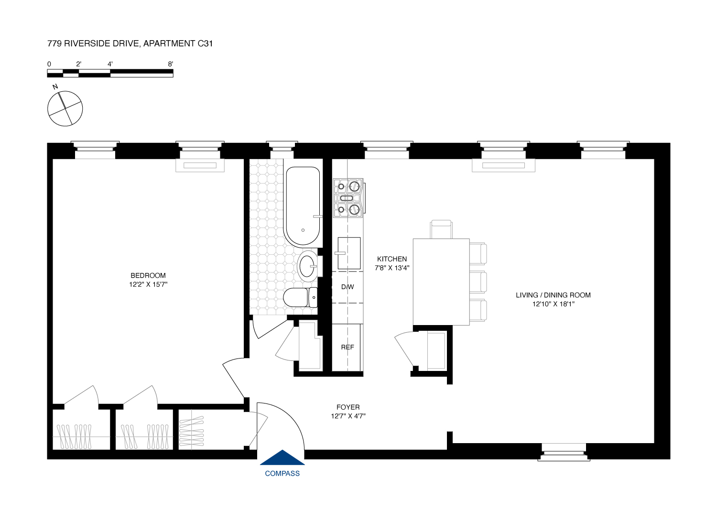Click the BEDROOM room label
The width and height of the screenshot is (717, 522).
pyautogui.click(x=148, y=275)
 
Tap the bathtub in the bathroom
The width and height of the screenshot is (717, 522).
pyautogui.click(x=302, y=206)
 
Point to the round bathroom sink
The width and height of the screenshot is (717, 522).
pyautogui.click(x=307, y=266)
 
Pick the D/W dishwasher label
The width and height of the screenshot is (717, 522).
pyautogui.click(x=348, y=287)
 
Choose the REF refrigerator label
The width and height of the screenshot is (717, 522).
pyautogui.click(x=348, y=347)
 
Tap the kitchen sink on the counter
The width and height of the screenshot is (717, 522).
pyautogui.click(x=349, y=253)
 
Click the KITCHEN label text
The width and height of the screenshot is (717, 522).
pyautogui.click(x=392, y=259)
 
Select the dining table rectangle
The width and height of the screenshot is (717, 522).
pyautogui.click(x=441, y=282)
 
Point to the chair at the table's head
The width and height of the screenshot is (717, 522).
pyautogui.click(x=441, y=229)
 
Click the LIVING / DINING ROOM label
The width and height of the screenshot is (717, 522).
pyautogui.click(x=553, y=295)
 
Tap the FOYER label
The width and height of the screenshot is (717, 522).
pyautogui.click(x=348, y=407)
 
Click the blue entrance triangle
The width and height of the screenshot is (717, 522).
pyautogui.click(x=282, y=458)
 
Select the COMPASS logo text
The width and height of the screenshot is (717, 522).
pyautogui.click(x=282, y=473)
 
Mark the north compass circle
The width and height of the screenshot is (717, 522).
pyautogui.click(x=65, y=109)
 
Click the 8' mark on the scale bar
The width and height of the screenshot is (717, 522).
pyautogui.click(x=171, y=64)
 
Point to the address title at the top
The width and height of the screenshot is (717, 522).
pyautogui.click(x=130, y=43)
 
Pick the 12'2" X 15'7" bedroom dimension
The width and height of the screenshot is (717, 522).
pyautogui.click(x=148, y=284)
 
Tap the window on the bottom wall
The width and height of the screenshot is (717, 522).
pyautogui.click(x=564, y=452)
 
